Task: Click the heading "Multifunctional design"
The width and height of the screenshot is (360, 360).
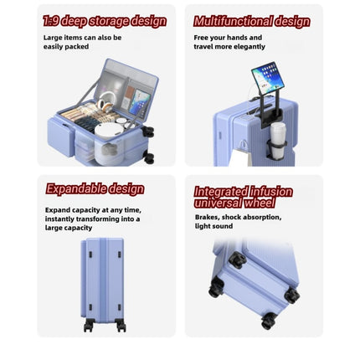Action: pyautogui.click(x=252, y=22)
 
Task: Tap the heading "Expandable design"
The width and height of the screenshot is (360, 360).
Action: pyautogui.click(x=95, y=189)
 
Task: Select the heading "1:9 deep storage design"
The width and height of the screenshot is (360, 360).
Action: pyautogui.click(x=105, y=21)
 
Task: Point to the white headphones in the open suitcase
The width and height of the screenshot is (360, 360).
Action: pyautogui.click(x=105, y=101)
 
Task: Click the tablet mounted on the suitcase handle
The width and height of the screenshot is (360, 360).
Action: pyautogui.click(x=267, y=78)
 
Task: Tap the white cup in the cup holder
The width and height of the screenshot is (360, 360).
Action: pyautogui.click(x=278, y=141)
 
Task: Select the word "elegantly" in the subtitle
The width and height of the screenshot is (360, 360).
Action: pyautogui.click(x=250, y=47)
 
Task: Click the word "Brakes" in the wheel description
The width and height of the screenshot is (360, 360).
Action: pyautogui.click(x=207, y=217)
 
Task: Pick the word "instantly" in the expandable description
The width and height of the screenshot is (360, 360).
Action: pyautogui.click(x=59, y=219)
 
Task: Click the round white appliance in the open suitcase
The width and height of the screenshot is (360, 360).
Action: pyautogui.click(x=109, y=131)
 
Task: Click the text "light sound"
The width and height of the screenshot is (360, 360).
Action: pyautogui.click(x=213, y=226)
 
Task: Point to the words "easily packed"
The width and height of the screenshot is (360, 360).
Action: pyautogui.click(x=66, y=47)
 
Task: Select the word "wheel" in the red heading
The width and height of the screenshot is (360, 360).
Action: pyautogui.click(x=260, y=203)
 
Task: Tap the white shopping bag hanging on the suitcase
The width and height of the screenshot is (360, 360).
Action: pyautogui.click(x=239, y=157)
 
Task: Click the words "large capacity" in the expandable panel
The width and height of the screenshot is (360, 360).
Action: pyautogui.click(x=69, y=228)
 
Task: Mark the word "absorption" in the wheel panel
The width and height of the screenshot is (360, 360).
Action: pyautogui.click(x=264, y=217)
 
